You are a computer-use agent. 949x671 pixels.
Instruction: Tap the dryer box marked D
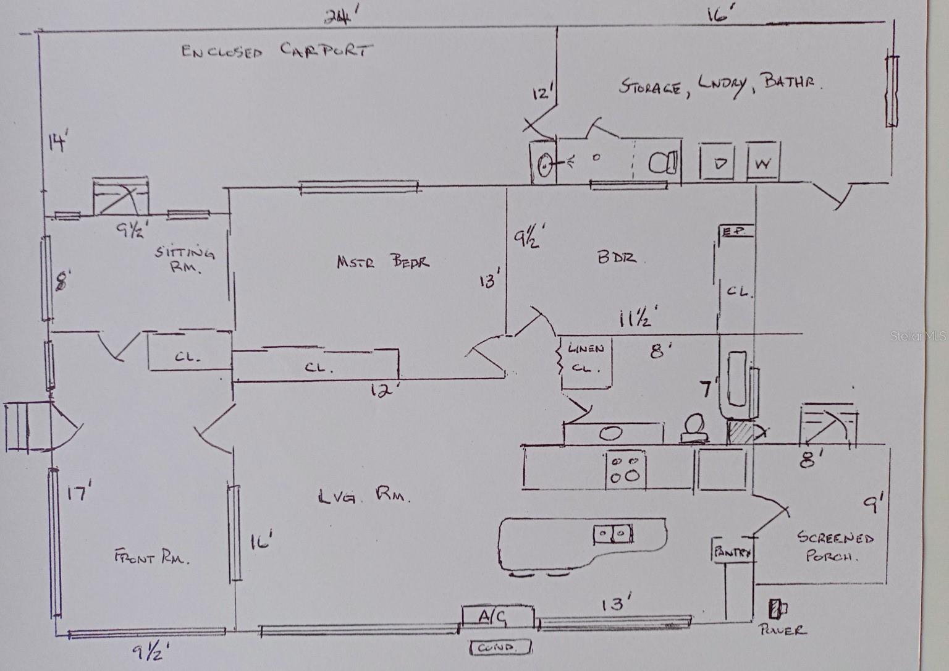(x=719, y=163)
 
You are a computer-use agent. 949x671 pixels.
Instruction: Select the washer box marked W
(x=763, y=164)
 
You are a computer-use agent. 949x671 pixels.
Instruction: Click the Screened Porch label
(x=835, y=545)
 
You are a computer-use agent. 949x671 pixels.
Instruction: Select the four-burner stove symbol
(x=626, y=468)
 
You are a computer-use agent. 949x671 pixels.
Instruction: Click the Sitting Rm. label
(x=185, y=259)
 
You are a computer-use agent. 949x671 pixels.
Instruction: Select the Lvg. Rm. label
(x=364, y=496)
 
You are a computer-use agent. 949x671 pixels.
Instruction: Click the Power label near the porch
(x=783, y=630)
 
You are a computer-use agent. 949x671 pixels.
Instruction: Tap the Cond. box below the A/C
(x=500, y=648)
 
